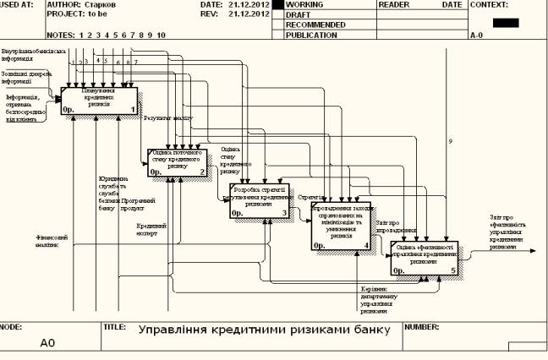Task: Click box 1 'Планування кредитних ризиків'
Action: tap(99, 99)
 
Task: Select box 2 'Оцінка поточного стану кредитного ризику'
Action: tap(177, 161)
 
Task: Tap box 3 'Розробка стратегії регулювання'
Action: tap(260, 200)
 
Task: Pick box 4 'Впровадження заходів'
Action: tap(341, 226)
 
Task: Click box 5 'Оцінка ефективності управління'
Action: tap(424, 258)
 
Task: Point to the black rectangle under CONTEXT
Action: tap(505, 22)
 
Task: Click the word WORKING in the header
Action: tap(305, 4)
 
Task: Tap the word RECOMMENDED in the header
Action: tap(315, 25)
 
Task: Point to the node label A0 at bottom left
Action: tap(47, 344)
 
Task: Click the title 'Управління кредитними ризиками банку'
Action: tap(264, 330)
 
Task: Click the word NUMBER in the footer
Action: tap(421, 325)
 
